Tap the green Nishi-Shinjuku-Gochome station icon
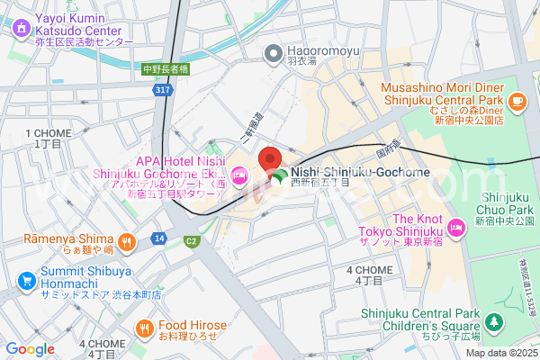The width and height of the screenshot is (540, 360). (280, 176)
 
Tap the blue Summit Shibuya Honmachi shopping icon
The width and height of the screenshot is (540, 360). (20, 283)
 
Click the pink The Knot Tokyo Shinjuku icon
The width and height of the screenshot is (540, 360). (456, 229)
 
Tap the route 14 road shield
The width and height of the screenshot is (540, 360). (158, 238)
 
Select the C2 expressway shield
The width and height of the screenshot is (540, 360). (191, 240)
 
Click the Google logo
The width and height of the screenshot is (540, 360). (31, 349)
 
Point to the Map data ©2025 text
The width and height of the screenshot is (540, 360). (501, 352)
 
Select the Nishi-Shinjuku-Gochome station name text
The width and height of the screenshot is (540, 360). (360, 172)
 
